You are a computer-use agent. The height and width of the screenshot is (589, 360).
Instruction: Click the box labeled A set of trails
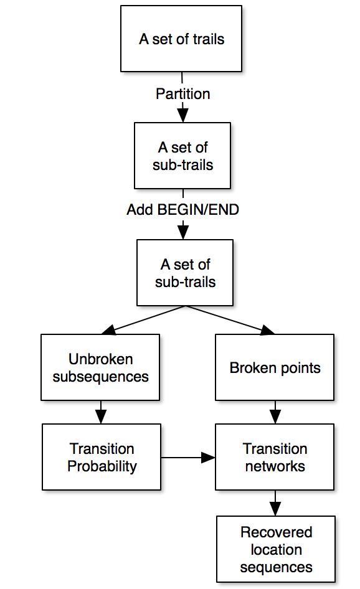click(181, 39)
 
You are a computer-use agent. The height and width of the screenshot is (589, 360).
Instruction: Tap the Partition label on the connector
click(183, 94)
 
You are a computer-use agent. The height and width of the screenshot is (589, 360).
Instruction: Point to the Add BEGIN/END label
click(183, 210)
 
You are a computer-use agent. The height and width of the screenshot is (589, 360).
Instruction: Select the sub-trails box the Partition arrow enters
click(182, 156)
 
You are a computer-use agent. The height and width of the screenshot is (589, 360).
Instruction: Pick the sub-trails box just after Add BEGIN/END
click(185, 273)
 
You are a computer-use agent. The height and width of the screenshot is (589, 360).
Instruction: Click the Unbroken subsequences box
click(100, 367)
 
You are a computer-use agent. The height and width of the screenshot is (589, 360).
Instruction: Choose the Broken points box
click(275, 367)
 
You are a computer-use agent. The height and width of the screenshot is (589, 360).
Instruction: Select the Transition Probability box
click(102, 457)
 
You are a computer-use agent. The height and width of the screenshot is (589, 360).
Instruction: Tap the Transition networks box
click(275, 457)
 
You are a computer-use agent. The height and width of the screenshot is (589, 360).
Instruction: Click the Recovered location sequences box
click(276, 549)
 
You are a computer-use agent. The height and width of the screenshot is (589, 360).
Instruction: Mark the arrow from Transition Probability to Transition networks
click(188, 458)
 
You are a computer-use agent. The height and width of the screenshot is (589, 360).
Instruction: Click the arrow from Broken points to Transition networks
click(275, 412)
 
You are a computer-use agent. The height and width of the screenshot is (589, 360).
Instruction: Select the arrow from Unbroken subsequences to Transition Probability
click(101, 412)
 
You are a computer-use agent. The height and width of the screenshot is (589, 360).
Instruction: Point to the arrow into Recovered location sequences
click(275, 503)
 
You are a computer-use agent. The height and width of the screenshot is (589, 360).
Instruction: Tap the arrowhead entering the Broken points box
click(268, 330)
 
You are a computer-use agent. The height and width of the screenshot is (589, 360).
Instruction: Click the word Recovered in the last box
click(276, 532)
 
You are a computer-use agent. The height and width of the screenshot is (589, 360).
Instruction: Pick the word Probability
click(102, 466)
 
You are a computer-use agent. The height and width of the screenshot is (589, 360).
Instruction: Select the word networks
click(275, 466)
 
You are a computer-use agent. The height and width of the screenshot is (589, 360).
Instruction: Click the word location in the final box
click(276, 550)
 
